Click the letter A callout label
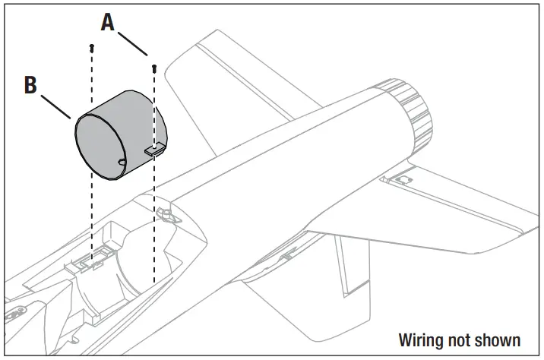[x=109, y=23]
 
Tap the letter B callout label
[x=30, y=84]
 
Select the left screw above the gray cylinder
[x=91, y=48]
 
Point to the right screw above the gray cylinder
[x=154, y=67]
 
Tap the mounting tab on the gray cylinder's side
[x=156, y=150]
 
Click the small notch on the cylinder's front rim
[x=122, y=162]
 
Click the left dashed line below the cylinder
[x=91, y=220]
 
